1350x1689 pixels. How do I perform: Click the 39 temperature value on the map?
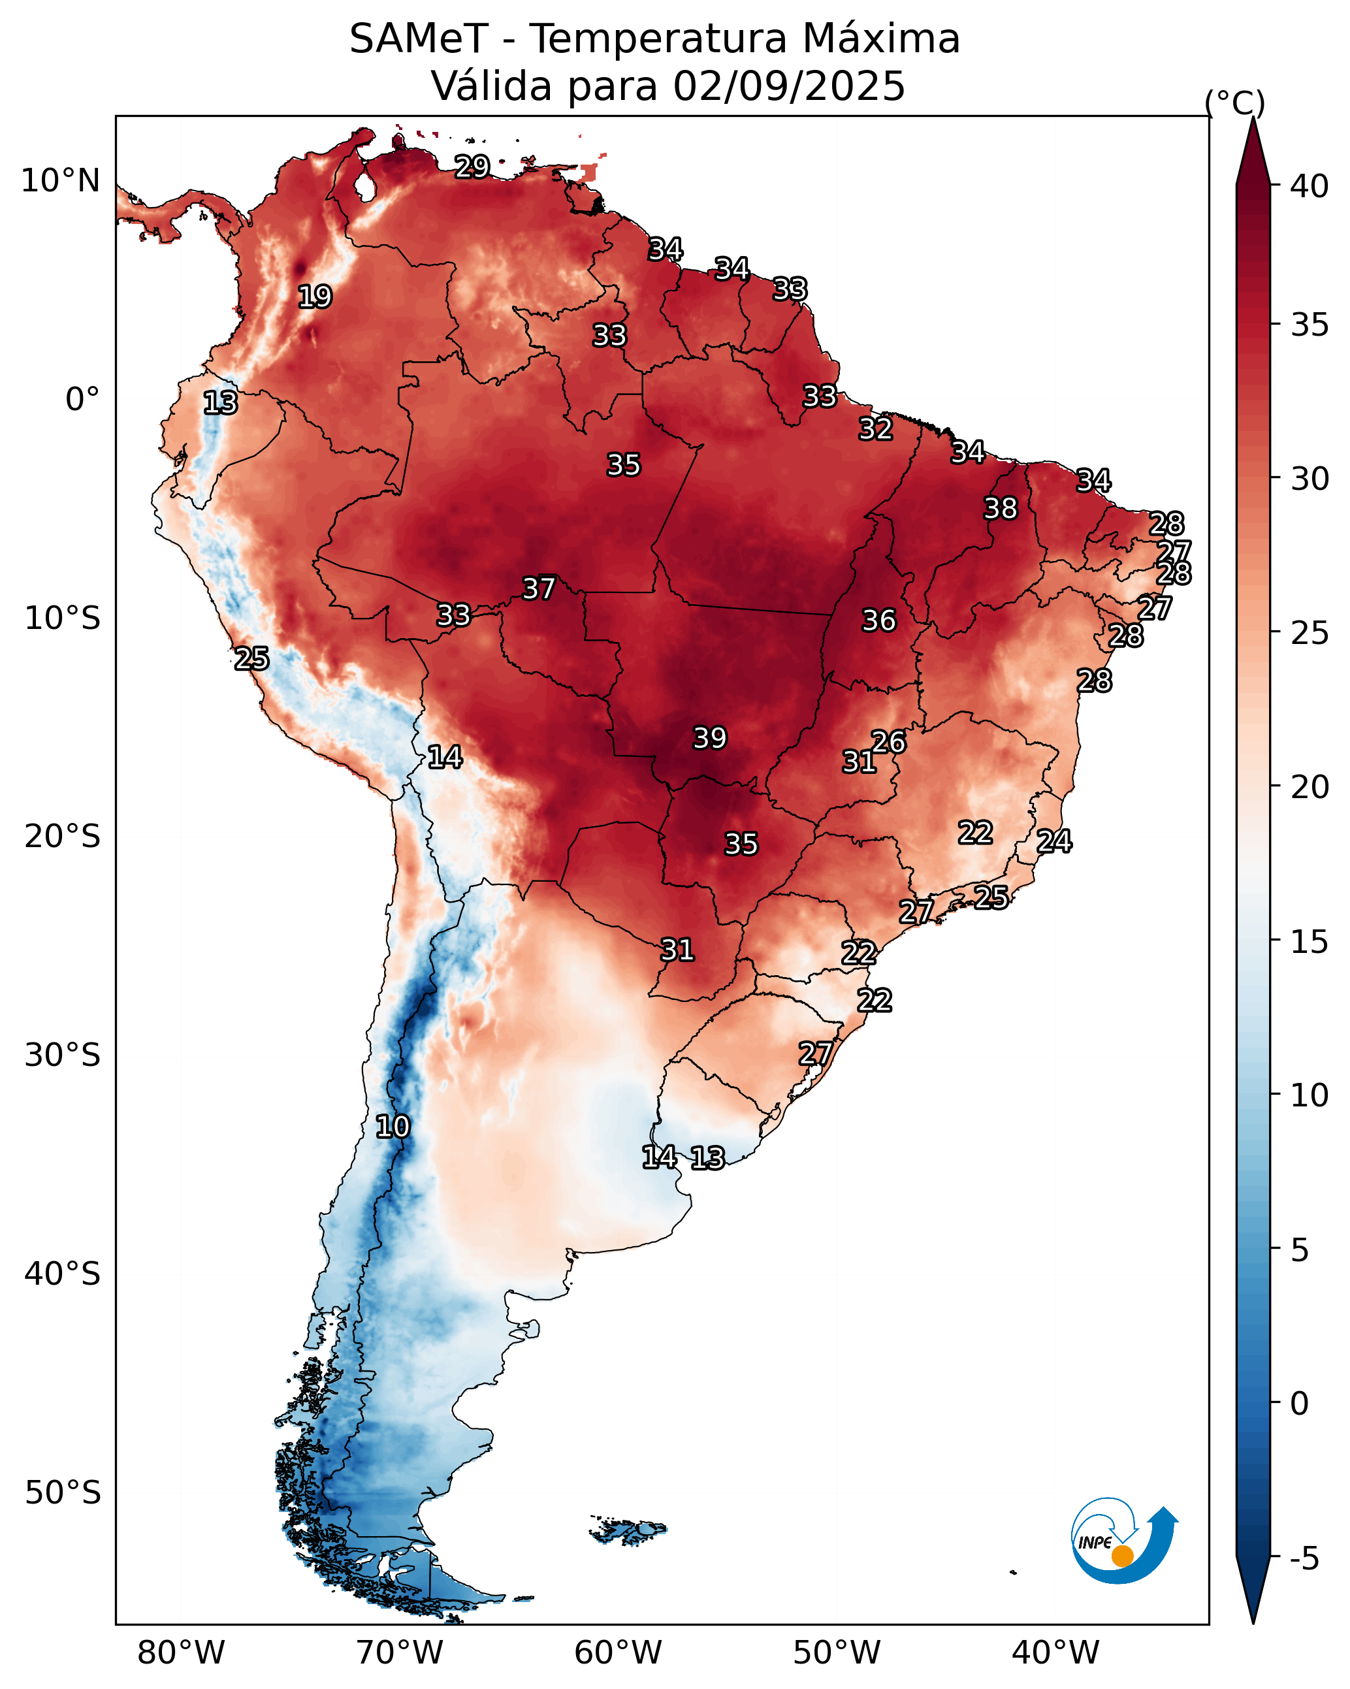pyautogui.click(x=710, y=738)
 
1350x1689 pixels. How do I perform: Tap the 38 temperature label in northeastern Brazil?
pyautogui.click(x=1001, y=508)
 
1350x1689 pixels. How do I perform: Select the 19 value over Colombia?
pyautogui.click(x=315, y=297)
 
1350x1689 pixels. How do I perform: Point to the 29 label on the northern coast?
pyautogui.click(x=472, y=166)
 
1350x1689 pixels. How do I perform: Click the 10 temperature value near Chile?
pyautogui.click(x=393, y=1127)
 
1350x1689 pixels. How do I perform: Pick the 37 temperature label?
pyautogui.click(x=539, y=588)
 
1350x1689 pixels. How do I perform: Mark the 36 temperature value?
pyautogui.click(x=878, y=620)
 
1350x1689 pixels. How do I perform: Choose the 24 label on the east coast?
pyautogui.click(x=1054, y=841)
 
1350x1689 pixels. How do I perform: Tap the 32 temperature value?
pyautogui.click(x=875, y=428)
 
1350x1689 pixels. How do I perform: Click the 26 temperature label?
pyautogui.click(x=888, y=741)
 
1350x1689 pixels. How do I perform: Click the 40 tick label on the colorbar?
pyautogui.click(x=1310, y=186)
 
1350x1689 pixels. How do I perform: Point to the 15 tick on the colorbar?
pyautogui.click(x=1310, y=942)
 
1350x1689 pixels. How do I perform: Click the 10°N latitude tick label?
pyautogui.click(x=60, y=181)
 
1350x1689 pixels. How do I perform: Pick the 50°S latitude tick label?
pyautogui.click(x=63, y=1493)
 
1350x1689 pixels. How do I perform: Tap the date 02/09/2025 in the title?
pyautogui.click(x=788, y=86)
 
